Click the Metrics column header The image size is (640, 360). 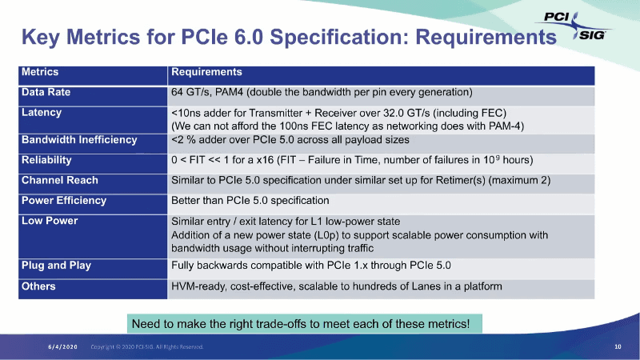click(x=40, y=73)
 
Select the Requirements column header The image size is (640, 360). click(x=206, y=73)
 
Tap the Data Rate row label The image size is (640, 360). click(x=46, y=92)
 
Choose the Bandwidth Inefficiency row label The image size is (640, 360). click(x=79, y=140)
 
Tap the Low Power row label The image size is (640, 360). click(x=50, y=221)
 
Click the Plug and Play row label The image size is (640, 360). click(x=56, y=266)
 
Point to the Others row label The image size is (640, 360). click(x=38, y=286)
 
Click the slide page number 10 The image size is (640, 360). click(x=618, y=347)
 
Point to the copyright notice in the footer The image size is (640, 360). click(x=147, y=347)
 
